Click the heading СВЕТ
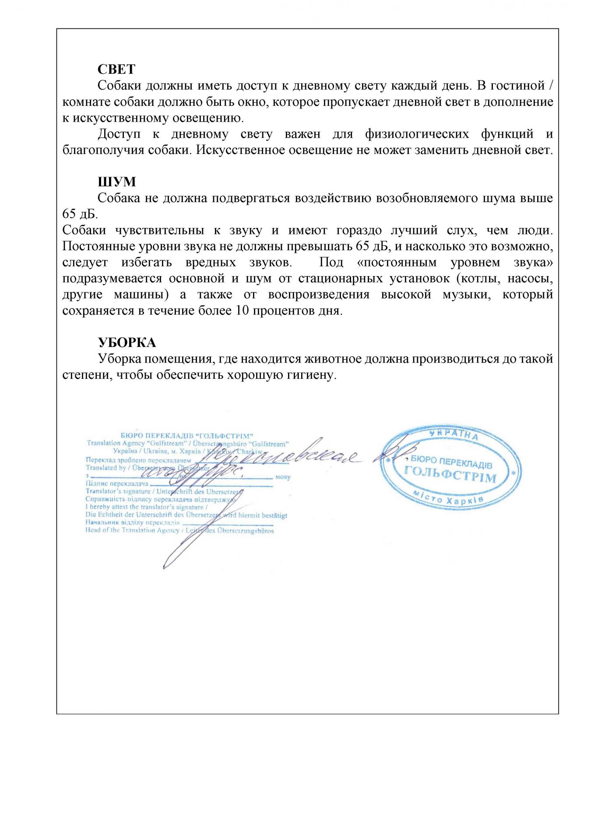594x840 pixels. (x=116, y=69)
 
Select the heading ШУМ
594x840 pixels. (x=116, y=182)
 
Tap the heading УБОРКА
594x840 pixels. (x=127, y=342)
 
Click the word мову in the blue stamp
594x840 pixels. (x=283, y=477)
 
